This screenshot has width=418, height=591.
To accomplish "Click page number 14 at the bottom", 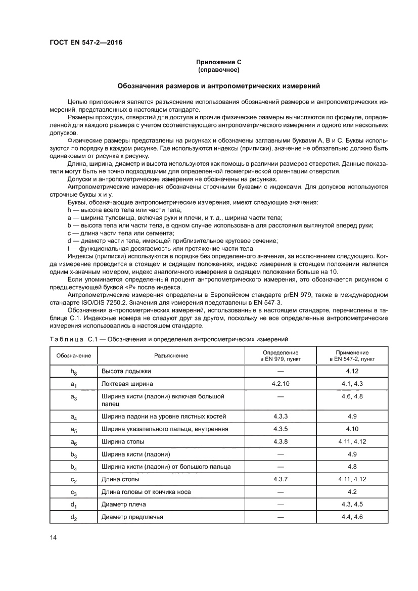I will tap(54, 537).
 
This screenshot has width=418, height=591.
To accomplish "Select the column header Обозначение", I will tap(74, 355).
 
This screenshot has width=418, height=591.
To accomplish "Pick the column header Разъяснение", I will tap(171, 355).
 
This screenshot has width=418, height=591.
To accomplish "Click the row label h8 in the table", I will tap(74, 372).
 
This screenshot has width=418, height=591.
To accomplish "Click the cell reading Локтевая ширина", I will tap(127, 384).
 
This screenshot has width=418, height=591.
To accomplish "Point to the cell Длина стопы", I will tap(120, 479).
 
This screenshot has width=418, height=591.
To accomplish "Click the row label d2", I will tap(74, 517).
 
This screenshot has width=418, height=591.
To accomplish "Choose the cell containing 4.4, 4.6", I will tap(352, 517).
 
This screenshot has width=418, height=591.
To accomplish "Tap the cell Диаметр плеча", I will tap(126, 505).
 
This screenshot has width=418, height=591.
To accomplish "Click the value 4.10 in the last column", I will tap(352, 429).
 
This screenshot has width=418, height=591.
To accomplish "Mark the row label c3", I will tap(74, 492).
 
